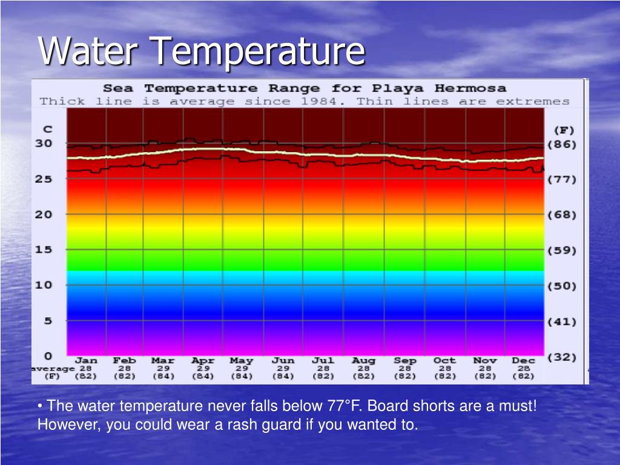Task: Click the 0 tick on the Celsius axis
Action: [x=48, y=356]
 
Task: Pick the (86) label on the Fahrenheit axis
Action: [x=562, y=145]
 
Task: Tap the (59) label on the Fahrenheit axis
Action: [x=562, y=251]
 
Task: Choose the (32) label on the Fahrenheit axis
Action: [x=562, y=357]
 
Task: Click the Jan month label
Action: [x=85, y=360]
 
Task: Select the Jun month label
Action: [x=282, y=360]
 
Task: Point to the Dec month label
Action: [x=523, y=360]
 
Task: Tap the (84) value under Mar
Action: [x=163, y=376]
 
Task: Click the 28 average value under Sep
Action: [x=405, y=368]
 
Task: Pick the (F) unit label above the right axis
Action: [x=563, y=130]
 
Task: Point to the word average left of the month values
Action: [x=53, y=368]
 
